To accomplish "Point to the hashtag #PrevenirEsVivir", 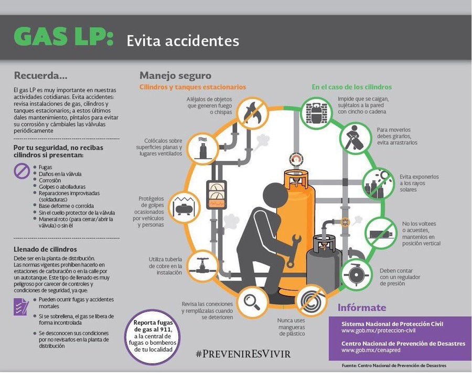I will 243,354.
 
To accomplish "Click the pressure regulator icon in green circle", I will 357,273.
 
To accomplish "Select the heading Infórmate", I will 361,308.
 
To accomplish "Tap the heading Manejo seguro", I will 175,76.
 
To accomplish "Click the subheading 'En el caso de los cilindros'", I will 351,87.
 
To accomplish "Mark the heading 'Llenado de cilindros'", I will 45,249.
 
